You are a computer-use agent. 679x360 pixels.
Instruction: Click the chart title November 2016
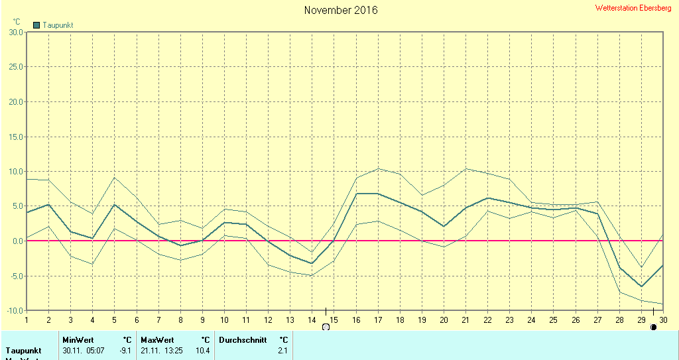click(x=341, y=10)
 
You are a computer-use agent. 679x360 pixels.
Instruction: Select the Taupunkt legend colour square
click(x=36, y=25)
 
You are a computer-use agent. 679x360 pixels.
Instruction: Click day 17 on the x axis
click(x=378, y=319)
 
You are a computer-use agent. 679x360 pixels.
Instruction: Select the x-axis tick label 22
click(x=487, y=319)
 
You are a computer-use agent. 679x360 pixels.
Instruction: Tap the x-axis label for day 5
click(x=114, y=319)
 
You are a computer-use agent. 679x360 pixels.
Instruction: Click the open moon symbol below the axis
click(x=326, y=327)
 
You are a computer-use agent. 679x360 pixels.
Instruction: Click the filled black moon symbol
click(x=654, y=327)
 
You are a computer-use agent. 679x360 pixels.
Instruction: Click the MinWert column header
click(x=78, y=340)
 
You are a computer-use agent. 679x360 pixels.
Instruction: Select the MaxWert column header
click(x=157, y=340)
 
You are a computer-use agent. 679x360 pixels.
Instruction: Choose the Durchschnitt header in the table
click(x=243, y=340)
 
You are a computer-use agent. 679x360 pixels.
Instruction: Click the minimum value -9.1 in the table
click(x=124, y=350)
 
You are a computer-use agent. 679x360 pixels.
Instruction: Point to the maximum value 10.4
click(x=203, y=350)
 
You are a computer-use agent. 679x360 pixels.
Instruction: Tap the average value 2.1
click(x=283, y=350)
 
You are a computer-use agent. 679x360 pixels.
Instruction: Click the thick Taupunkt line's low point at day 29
click(x=641, y=286)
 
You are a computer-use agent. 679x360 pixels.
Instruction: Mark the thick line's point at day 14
click(x=312, y=263)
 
